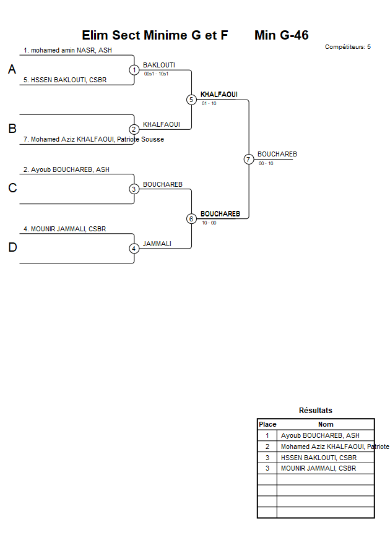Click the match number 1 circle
click(134, 70)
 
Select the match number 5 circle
click(191, 100)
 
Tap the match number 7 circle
click(248, 159)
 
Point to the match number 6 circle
click(191, 218)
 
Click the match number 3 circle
click(134, 189)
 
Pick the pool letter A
click(12, 70)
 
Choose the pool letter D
click(12, 248)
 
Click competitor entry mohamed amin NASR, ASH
click(67, 50)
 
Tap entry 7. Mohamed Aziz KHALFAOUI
click(93, 139)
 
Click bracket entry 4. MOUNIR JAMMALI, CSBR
click(64, 229)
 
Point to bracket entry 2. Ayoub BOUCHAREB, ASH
click(66, 169)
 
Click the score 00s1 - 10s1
click(156, 74)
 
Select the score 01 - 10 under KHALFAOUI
click(209, 103)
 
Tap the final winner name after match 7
click(277, 154)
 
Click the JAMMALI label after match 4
click(157, 244)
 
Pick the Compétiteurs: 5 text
click(348, 46)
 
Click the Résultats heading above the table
click(315, 410)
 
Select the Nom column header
click(326, 424)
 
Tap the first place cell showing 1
click(267, 435)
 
